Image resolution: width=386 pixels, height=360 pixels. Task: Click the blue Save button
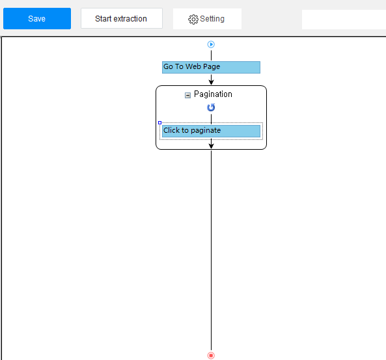coord(37,18)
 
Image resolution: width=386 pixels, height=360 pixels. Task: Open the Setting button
coord(207,19)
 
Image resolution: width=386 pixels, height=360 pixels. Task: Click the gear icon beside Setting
coord(193,20)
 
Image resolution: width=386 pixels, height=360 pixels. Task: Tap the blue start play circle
coord(211,44)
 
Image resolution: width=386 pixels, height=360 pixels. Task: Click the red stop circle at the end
coord(211,355)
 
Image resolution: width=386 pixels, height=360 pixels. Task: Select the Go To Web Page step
coord(211,67)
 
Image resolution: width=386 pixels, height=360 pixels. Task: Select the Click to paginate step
coord(211,131)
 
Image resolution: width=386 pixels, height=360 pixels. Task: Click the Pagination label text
coord(213,94)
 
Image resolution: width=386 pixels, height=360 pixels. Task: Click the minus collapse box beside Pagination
coord(187,95)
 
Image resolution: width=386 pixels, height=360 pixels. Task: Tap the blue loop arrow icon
coord(211,107)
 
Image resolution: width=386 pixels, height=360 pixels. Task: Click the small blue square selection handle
coord(159,122)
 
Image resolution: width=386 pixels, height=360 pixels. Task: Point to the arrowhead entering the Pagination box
coord(211,82)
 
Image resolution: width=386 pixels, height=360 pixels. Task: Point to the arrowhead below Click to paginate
coord(211,146)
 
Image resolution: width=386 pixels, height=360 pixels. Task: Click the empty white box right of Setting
coord(344,20)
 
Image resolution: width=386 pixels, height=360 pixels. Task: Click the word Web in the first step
coord(193,66)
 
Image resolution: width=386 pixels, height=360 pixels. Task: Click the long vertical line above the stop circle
coord(211,251)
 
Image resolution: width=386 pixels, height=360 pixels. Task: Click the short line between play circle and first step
coord(211,55)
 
